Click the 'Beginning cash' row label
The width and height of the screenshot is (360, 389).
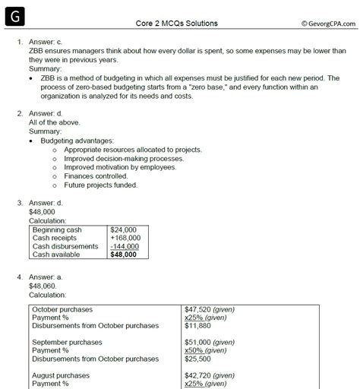tap(58, 229)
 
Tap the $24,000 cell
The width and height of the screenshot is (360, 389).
tap(122, 229)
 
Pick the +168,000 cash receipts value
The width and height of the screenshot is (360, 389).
tap(123, 237)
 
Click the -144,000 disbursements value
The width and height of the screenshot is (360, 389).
tap(123, 246)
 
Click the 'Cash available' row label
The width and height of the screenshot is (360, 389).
tap(56, 255)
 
